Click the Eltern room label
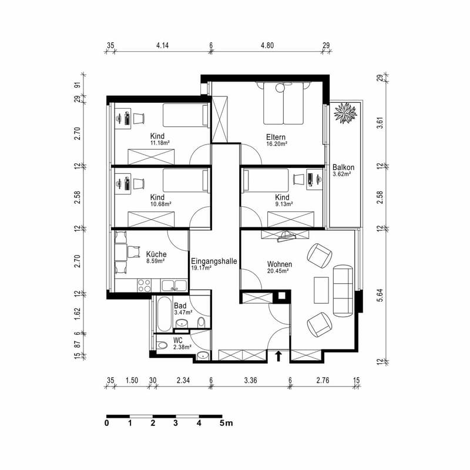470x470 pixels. pyautogui.click(x=276, y=137)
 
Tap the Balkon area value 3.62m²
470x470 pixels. pyautogui.click(x=342, y=174)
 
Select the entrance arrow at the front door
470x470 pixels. pyautogui.click(x=278, y=356)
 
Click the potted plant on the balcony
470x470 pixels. pyautogui.click(x=345, y=113)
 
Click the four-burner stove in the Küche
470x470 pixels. pyautogui.click(x=144, y=285)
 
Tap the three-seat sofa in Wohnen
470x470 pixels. pyautogui.click(x=343, y=290)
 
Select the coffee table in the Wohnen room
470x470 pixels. pyautogui.click(x=321, y=290)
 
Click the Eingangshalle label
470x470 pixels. pyautogui.click(x=214, y=261)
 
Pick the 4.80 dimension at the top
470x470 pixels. pyautogui.click(x=267, y=46)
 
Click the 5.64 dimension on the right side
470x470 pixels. pyautogui.click(x=380, y=295)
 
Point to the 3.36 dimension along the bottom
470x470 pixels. pyautogui.click(x=250, y=380)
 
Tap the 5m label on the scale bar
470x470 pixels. pyautogui.click(x=226, y=423)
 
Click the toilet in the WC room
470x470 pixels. pyautogui.click(x=162, y=345)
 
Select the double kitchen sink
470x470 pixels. pyautogui.click(x=174, y=285)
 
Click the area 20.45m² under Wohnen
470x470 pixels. pyautogui.click(x=278, y=271)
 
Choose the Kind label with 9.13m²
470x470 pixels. pyautogui.click(x=282, y=197)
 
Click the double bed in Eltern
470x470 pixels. pyautogui.click(x=283, y=103)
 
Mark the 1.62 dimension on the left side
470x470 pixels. pyautogui.click(x=78, y=314)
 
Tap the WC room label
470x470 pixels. pyautogui.click(x=178, y=341)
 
